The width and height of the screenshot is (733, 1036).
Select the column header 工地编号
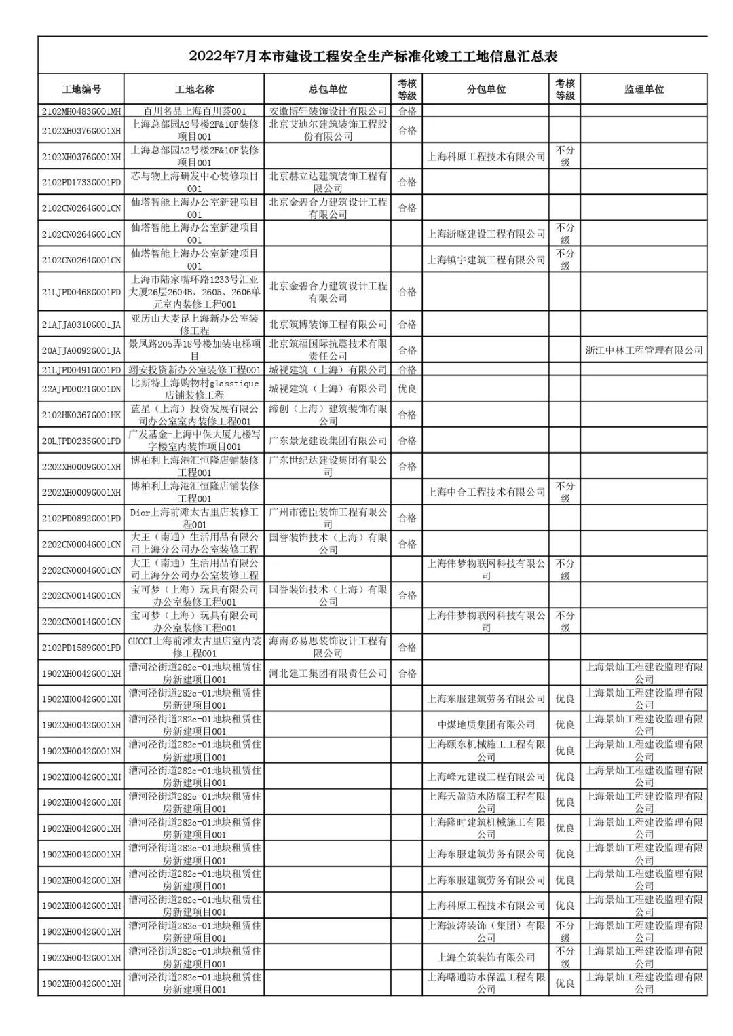click(x=81, y=90)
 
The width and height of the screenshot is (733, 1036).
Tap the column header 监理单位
click(x=643, y=90)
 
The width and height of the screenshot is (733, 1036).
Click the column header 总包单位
click(x=328, y=90)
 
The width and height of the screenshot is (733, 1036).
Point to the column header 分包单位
click(x=486, y=90)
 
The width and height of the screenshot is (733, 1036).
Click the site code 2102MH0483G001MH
click(x=81, y=111)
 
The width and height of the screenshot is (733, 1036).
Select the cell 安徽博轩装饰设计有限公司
click(x=328, y=111)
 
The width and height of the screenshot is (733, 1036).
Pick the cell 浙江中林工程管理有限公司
click(x=643, y=350)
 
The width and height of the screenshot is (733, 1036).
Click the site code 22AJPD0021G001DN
click(x=81, y=389)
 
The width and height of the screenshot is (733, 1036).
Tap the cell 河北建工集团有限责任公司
click(x=328, y=673)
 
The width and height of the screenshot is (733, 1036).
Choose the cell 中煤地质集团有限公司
click(x=486, y=725)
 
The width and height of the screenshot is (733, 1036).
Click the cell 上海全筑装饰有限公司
click(x=486, y=957)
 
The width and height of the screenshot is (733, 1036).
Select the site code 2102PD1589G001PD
click(x=81, y=648)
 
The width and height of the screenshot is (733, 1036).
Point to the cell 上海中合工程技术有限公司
click(x=486, y=492)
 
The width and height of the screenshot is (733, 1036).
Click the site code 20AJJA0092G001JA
click(x=81, y=350)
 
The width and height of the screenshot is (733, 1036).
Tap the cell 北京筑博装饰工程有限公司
click(x=328, y=325)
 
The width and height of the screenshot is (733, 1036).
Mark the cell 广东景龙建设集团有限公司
click(x=328, y=441)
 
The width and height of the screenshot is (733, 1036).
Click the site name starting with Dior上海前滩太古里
click(x=195, y=519)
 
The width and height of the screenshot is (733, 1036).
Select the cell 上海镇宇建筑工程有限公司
click(x=486, y=260)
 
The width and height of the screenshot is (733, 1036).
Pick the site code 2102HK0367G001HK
click(x=81, y=415)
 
